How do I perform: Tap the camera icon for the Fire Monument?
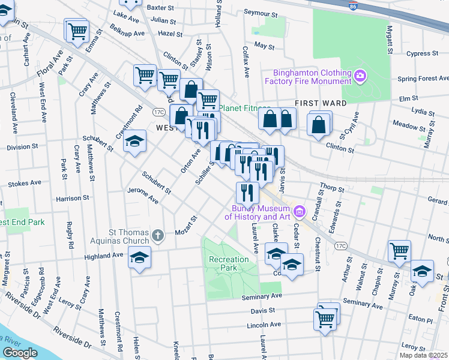(360, 76)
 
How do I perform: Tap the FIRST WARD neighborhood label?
(320, 103)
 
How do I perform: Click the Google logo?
(20, 353)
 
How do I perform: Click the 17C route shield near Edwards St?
(342, 245)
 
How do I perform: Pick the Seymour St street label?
(261, 13)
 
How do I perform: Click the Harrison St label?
(73, 197)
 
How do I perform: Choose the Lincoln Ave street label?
(264, 325)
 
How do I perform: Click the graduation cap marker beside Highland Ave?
(140, 259)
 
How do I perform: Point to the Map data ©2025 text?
(423, 355)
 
